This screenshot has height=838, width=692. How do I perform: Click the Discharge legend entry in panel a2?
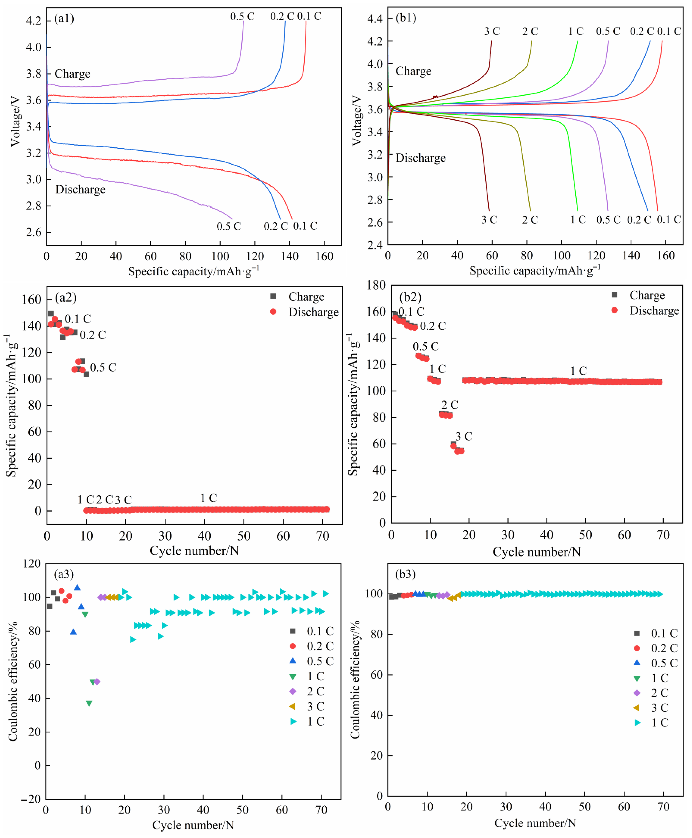coord(313,312)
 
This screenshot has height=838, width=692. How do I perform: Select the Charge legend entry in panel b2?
coord(647,295)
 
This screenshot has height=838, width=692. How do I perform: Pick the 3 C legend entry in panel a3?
coord(315,706)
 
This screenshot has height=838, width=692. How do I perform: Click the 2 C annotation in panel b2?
coord(450,405)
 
